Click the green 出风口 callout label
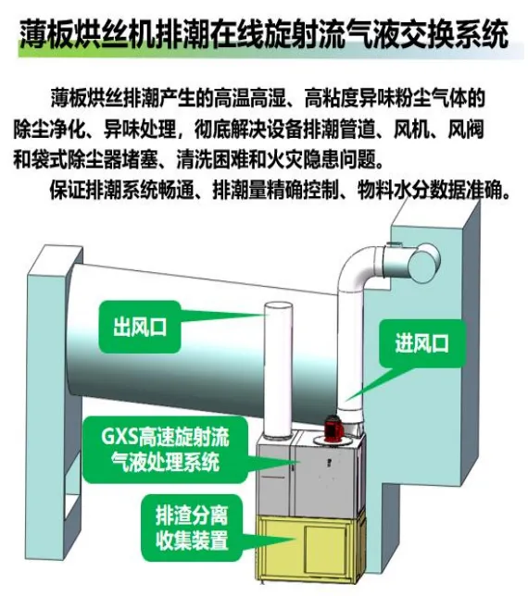[x=139, y=327]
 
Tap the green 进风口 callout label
[x=422, y=343]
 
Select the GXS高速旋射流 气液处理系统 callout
[x=165, y=450]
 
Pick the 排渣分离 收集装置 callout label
[x=192, y=528]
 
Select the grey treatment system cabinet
[x=308, y=476]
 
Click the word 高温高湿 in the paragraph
[x=249, y=98]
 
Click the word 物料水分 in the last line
[x=393, y=190]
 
